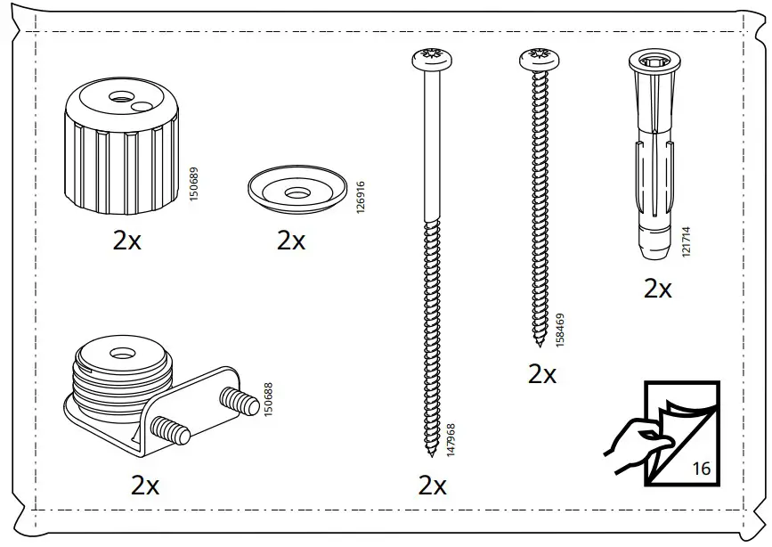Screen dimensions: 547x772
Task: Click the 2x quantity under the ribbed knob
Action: (127, 241)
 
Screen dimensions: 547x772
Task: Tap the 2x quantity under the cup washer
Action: (291, 241)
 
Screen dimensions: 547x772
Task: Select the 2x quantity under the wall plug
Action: (658, 289)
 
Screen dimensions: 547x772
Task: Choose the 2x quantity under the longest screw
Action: (432, 486)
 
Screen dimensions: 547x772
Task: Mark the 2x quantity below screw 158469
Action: (541, 374)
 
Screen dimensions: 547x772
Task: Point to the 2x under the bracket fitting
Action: (145, 486)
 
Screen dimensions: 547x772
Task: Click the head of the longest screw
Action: (433, 61)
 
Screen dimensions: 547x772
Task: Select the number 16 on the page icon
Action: (701, 468)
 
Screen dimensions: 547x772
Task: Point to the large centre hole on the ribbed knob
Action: (117, 96)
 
